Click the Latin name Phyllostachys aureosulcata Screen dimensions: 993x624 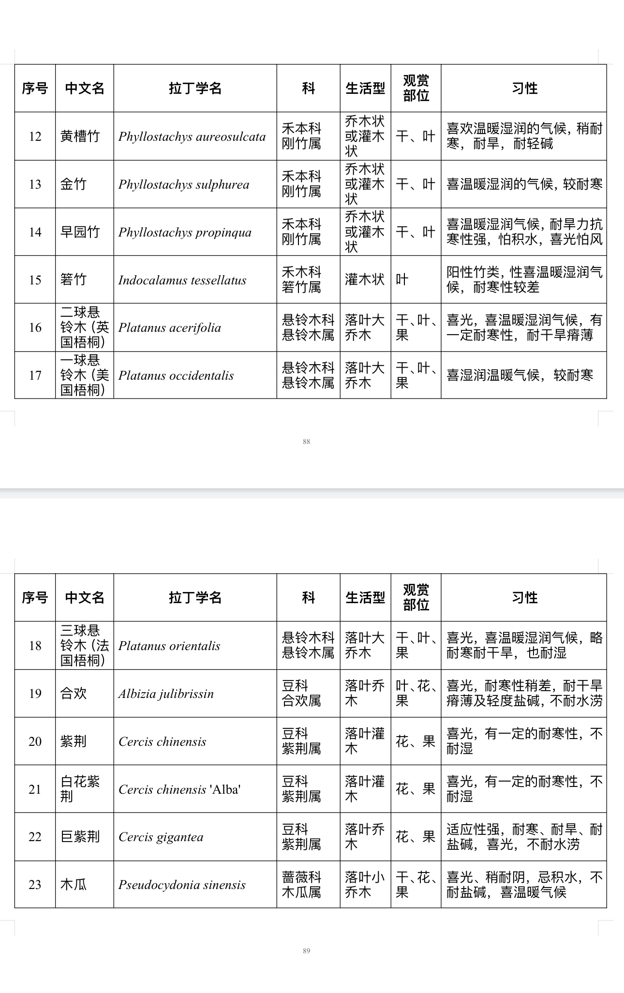192,137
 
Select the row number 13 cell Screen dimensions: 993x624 35,184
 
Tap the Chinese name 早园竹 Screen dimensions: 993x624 80,232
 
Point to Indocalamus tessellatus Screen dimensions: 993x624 182,280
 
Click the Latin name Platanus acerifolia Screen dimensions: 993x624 169,328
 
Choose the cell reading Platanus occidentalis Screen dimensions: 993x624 176,376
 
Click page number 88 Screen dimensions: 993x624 306,441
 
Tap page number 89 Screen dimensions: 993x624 306,951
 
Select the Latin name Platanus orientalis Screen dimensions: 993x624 169,646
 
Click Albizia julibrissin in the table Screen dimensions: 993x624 166,694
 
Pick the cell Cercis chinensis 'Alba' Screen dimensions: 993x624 179,790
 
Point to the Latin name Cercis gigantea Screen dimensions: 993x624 161,837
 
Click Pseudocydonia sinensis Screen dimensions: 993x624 182,885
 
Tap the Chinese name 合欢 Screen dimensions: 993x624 74,694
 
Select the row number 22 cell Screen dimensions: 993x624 35,837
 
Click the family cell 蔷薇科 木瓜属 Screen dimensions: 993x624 301,885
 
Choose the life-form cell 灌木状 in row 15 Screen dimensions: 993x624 365,280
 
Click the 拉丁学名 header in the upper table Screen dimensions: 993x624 195,89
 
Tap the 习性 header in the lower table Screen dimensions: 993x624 524,598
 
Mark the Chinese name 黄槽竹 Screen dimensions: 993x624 80,136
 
